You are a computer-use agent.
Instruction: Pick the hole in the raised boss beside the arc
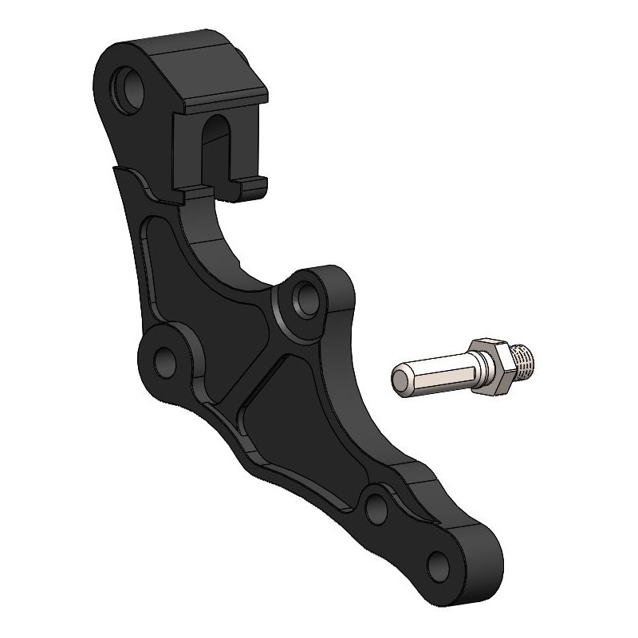(304, 298)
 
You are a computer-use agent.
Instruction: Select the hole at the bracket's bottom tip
(439, 565)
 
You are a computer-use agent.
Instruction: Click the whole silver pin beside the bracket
(463, 366)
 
